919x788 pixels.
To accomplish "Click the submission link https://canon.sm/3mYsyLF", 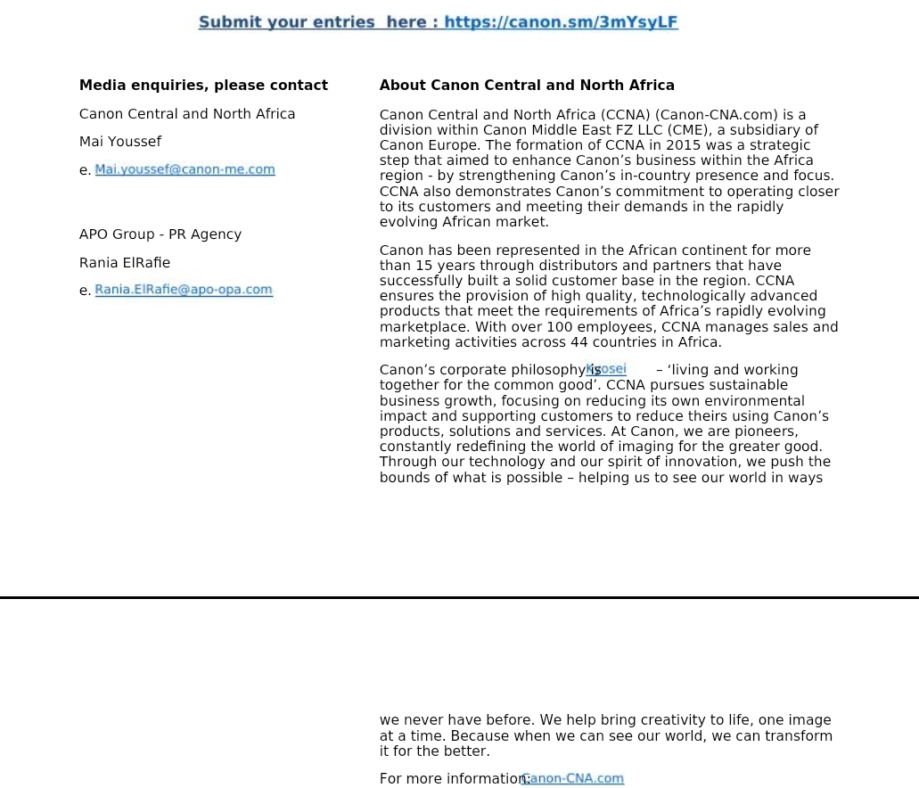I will tap(561, 22).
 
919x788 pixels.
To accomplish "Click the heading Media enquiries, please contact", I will tap(203, 86).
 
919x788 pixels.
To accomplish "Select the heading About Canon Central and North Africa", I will tap(527, 86).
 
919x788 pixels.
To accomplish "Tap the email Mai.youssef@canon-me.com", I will tap(185, 169).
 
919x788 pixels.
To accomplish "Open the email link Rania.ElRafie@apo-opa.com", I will tap(184, 290).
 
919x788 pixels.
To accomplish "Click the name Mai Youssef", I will tap(120, 142).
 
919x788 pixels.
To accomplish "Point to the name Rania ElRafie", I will tap(125, 263).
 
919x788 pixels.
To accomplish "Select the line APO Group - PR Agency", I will tap(160, 234).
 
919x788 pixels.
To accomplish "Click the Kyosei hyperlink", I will tap(607, 369).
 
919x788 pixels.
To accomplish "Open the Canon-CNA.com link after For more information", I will tap(573, 778).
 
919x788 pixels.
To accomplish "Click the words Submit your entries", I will tap(286, 22).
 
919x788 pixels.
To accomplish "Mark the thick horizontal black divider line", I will tap(459, 597).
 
